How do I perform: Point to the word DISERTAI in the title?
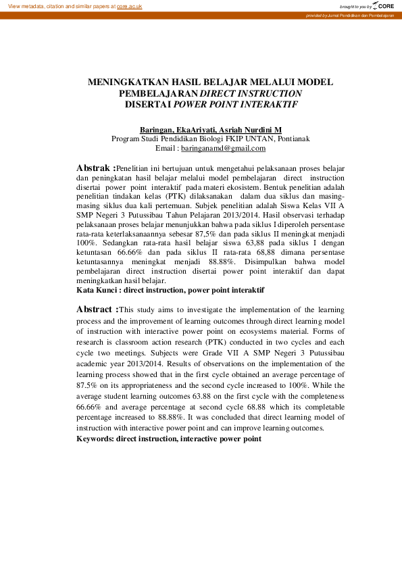click(148, 105)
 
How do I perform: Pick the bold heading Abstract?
click(96, 310)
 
